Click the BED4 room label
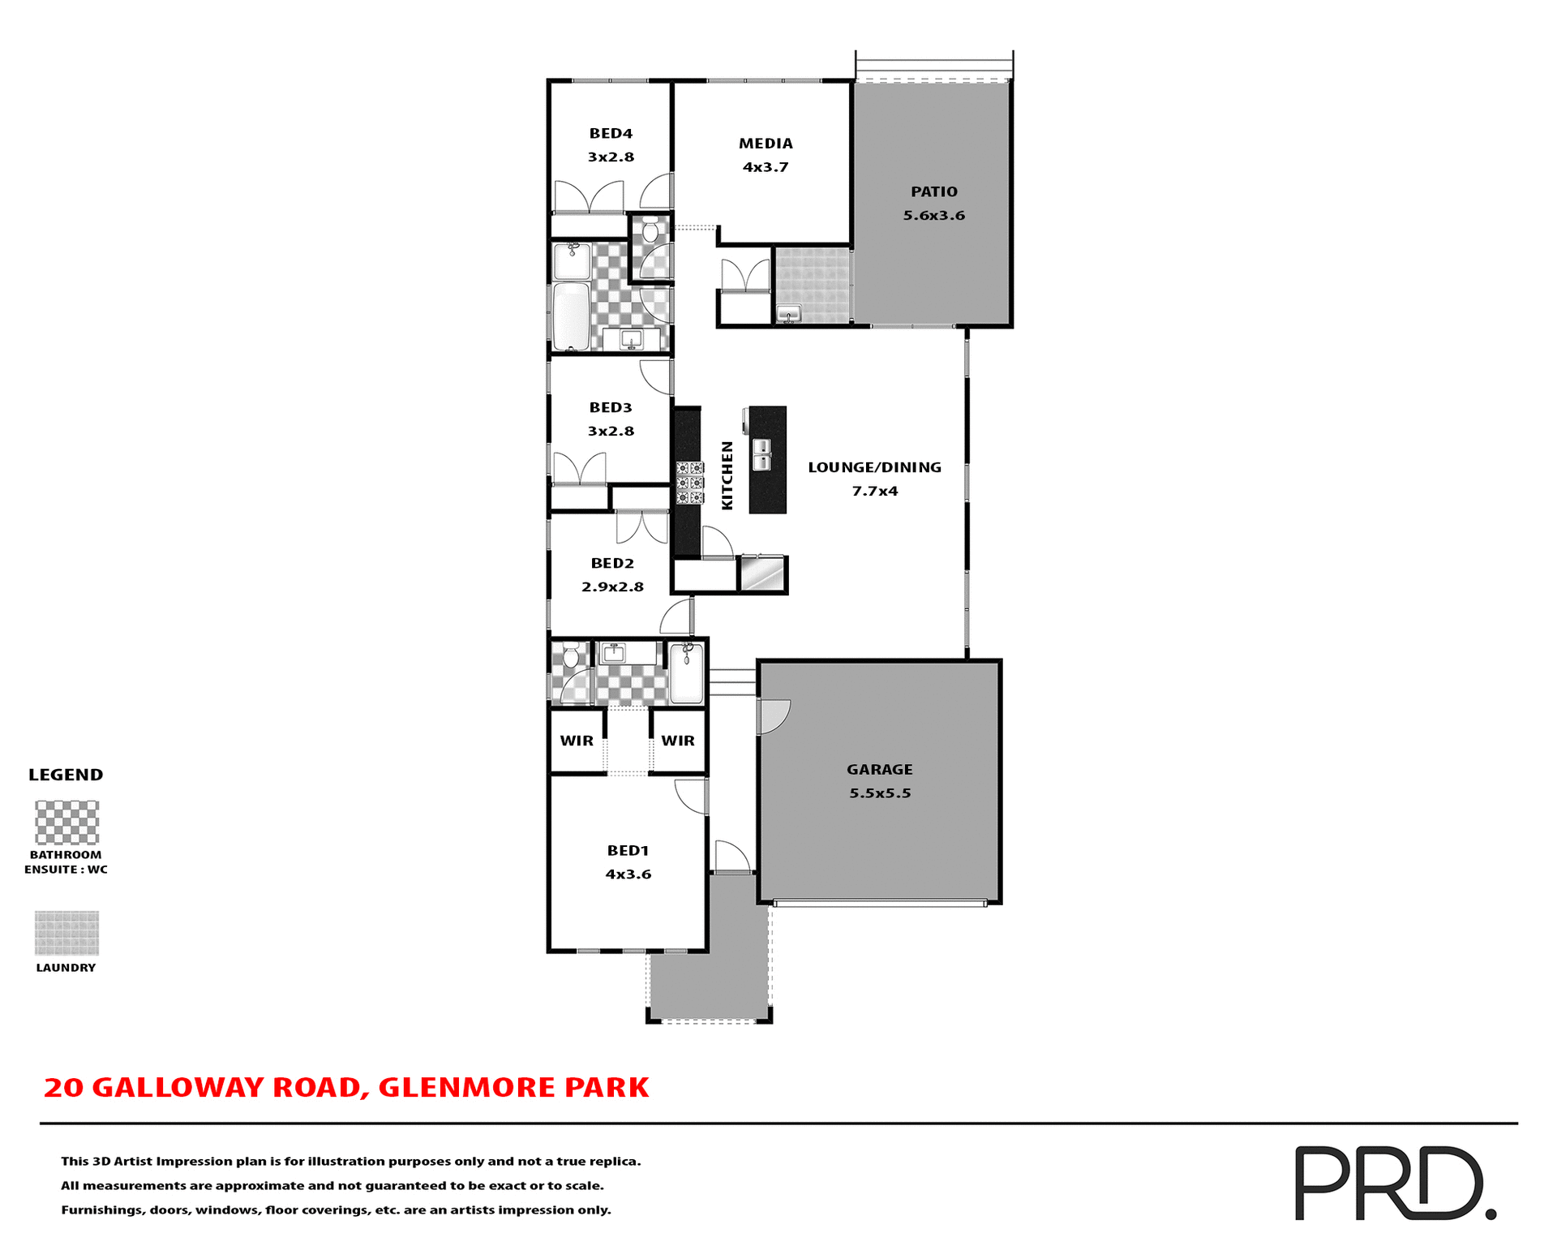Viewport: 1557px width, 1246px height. click(x=611, y=134)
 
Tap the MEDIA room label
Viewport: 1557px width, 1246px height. click(x=766, y=144)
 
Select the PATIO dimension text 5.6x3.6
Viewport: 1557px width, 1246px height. click(x=934, y=216)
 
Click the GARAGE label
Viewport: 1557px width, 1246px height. click(x=880, y=770)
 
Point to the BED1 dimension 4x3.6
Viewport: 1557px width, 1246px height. click(x=628, y=874)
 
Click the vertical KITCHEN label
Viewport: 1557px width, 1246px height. click(x=727, y=475)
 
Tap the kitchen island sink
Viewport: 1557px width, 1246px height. click(x=761, y=455)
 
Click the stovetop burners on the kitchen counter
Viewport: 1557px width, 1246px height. click(x=690, y=483)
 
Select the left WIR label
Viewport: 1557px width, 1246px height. click(x=577, y=741)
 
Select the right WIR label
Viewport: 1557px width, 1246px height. click(x=678, y=741)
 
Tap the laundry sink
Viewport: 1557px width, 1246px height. click(x=788, y=313)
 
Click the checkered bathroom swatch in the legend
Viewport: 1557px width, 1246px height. click(x=66, y=823)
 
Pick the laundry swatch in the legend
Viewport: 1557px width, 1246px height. click(x=66, y=933)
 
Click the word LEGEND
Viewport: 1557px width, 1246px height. click(x=66, y=775)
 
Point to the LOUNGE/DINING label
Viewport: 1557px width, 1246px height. click(x=874, y=468)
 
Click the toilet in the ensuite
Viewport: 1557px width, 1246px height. click(x=571, y=655)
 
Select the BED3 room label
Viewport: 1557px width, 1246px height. click(x=611, y=408)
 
